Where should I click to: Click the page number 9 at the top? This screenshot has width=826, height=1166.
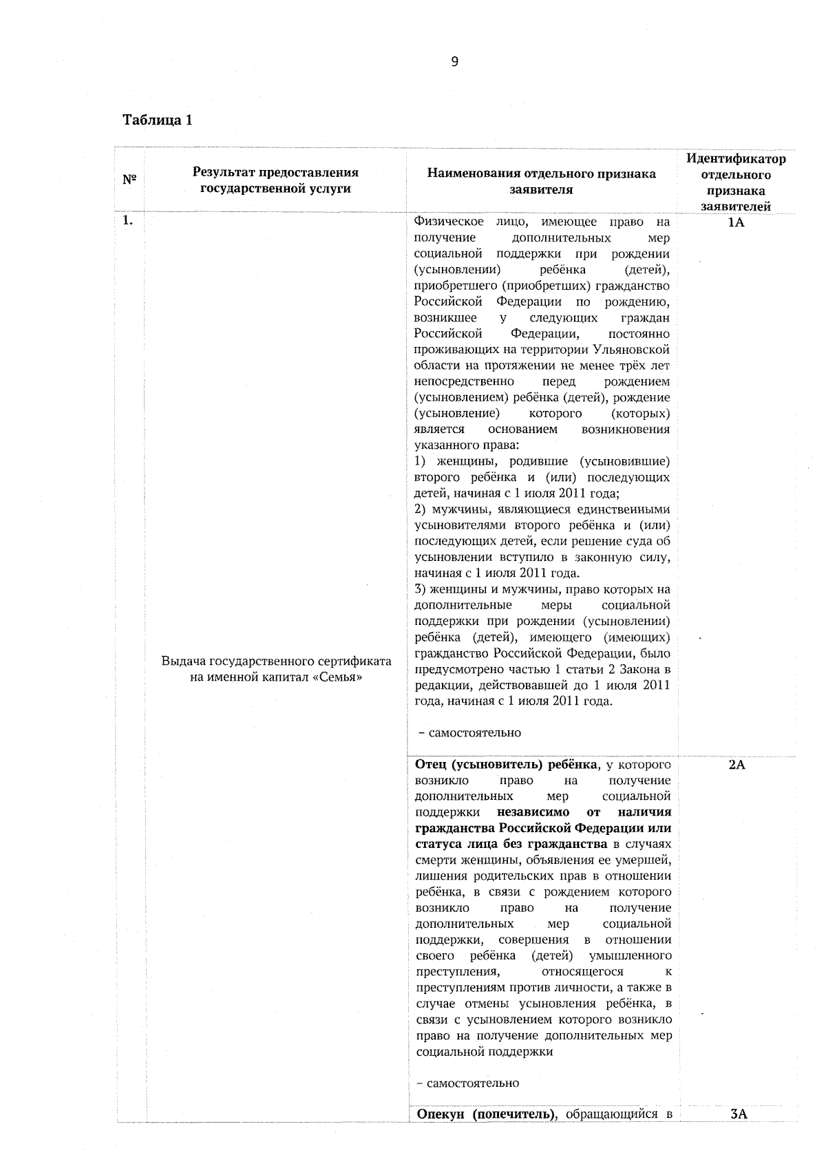tap(454, 62)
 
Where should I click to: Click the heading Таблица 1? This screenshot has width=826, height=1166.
tap(157, 120)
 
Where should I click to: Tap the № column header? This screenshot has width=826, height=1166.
tap(129, 180)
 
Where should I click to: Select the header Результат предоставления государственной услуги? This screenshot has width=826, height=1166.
tap(275, 180)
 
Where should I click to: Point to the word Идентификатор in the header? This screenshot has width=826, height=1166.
tap(737, 159)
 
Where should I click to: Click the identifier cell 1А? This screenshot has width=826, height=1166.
tap(736, 223)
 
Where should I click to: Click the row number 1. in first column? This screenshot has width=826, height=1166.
tap(127, 221)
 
